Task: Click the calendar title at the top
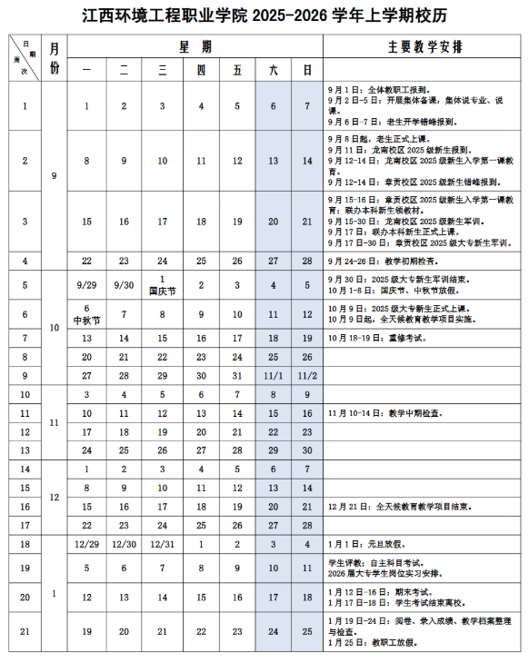coord(264,16)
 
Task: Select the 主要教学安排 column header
coord(424,45)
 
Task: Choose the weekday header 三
coord(162,69)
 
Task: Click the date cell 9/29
coord(86,284)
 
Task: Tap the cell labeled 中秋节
coord(86,319)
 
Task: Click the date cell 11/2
coord(307,375)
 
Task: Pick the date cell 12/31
coord(162,543)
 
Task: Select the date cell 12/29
coord(86,543)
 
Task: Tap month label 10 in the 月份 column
coord(55,327)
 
